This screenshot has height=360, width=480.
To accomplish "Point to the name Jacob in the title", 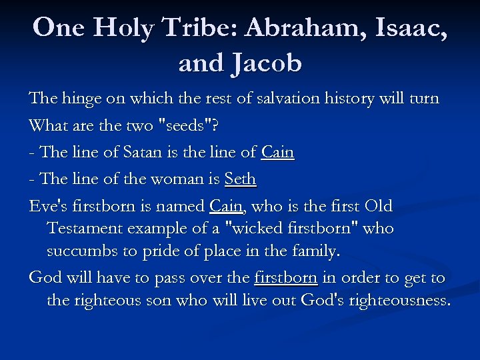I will pos(266,63).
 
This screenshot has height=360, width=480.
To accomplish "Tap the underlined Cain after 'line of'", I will pos(278,153).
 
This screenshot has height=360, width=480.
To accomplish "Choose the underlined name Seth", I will pos(241,179).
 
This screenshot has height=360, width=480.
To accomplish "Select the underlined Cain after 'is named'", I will pos(226,207).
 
